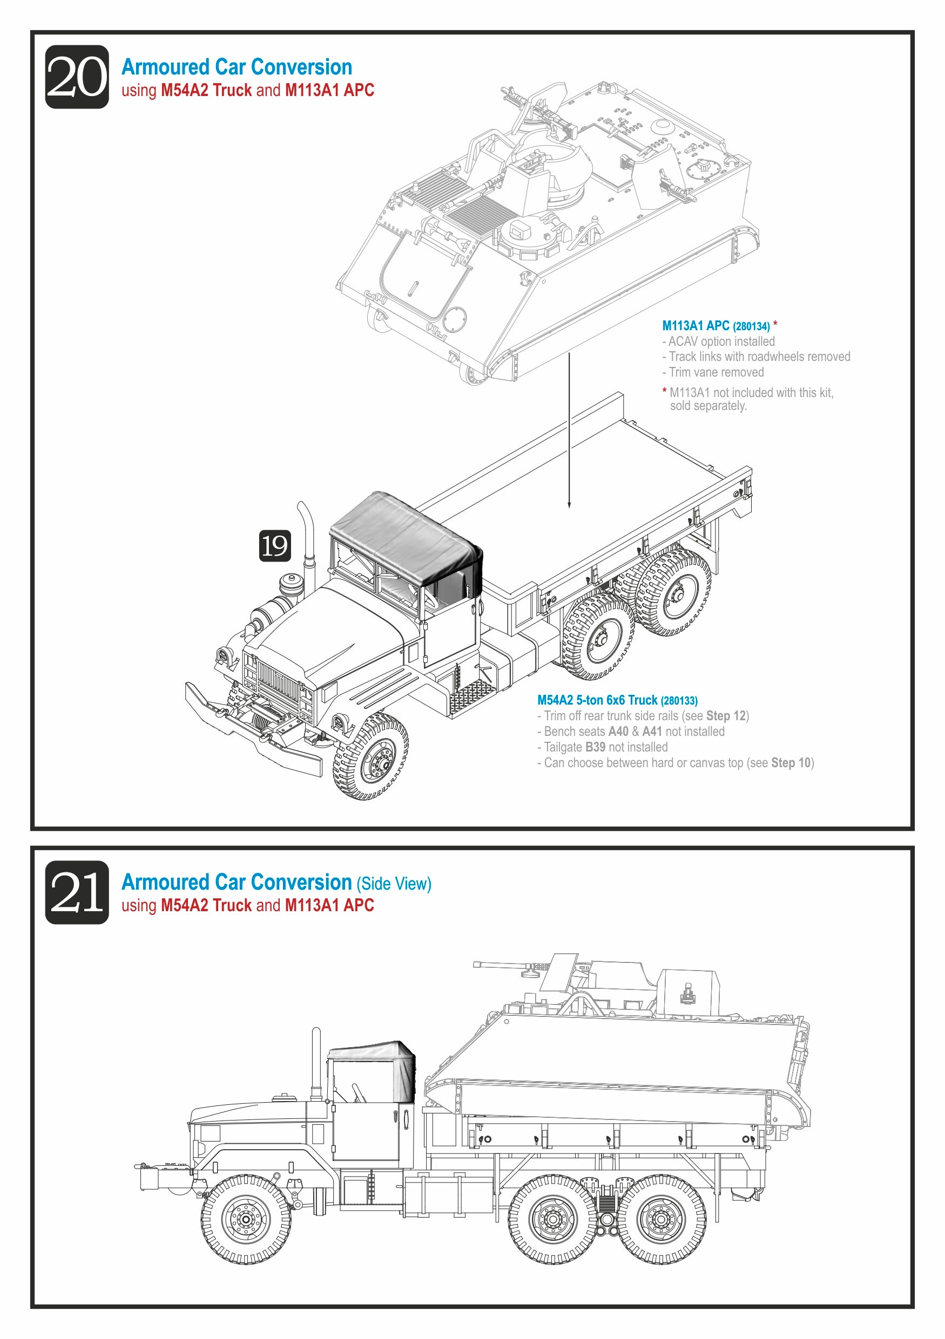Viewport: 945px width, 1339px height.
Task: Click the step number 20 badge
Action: click(77, 77)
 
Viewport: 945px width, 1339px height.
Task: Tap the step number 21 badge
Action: click(77, 892)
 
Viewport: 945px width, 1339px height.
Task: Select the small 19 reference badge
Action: click(274, 546)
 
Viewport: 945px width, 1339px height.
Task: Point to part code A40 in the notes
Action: click(618, 732)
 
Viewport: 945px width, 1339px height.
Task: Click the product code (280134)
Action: click(751, 326)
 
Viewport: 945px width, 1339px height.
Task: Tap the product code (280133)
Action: click(679, 700)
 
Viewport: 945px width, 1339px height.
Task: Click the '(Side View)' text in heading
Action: click(394, 884)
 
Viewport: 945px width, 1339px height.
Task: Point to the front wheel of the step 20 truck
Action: click(371, 756)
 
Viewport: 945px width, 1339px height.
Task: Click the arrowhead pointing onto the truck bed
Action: click(569, 505)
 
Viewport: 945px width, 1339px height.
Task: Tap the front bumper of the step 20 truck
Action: click(251, 729)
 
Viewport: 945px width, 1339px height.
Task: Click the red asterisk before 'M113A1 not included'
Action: click(664, 391)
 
